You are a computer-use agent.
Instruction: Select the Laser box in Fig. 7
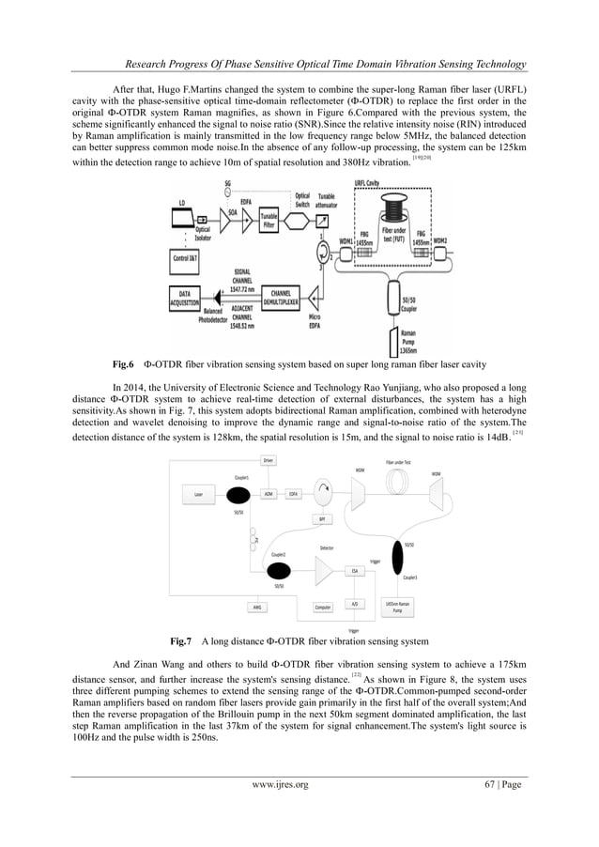coord(199,494)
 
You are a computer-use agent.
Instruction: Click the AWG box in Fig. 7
coord(255,607)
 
